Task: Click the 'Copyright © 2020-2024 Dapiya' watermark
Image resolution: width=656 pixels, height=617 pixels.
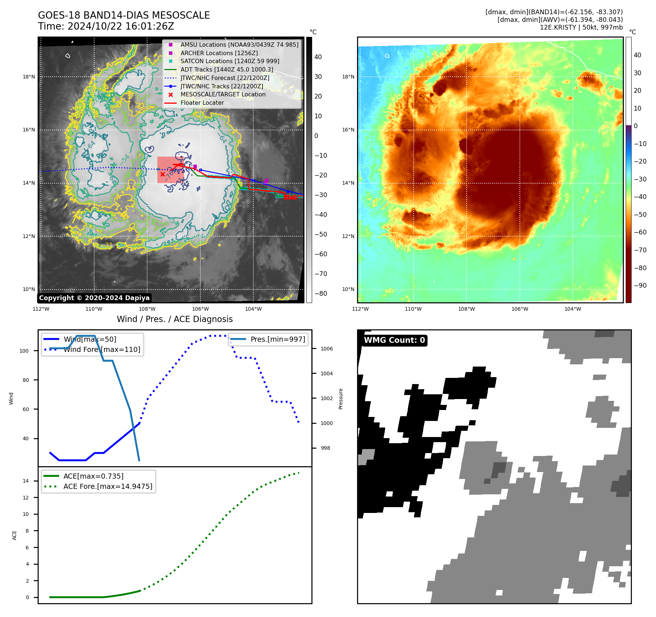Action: point(94,298)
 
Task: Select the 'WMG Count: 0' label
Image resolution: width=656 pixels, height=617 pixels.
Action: point(394,340)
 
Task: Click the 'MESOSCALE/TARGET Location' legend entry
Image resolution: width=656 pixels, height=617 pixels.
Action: point(223,95)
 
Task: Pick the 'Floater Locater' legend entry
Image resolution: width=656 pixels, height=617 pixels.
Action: point(202,103)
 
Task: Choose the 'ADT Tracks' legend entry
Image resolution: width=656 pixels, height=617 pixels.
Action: point(226,70)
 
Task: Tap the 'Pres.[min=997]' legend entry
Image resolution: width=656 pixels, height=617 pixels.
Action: point(277,340)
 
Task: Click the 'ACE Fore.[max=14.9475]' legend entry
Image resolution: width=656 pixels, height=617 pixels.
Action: point(108,487)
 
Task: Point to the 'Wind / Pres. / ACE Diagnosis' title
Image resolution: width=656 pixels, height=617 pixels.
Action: point(174,319)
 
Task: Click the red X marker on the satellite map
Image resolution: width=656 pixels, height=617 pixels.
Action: point(162,175)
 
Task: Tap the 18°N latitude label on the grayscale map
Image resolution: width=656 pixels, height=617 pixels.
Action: point(29,77)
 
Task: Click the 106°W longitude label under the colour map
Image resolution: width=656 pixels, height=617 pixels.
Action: point(519,309)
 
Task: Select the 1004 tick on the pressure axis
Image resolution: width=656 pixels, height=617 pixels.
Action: point(326,374)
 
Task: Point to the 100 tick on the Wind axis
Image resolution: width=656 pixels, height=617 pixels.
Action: point(24,351)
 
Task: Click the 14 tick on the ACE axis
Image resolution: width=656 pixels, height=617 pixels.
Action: point(26,481)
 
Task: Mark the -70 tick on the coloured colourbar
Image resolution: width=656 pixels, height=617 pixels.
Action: point(640,250)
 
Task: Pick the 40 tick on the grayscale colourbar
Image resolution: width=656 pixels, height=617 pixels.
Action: point(318,57)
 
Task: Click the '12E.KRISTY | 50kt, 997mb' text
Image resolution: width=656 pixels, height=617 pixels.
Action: point(581,27)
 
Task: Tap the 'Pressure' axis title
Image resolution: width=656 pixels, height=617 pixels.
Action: point(341,399)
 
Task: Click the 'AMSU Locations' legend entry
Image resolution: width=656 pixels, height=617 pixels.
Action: point(239,45)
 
